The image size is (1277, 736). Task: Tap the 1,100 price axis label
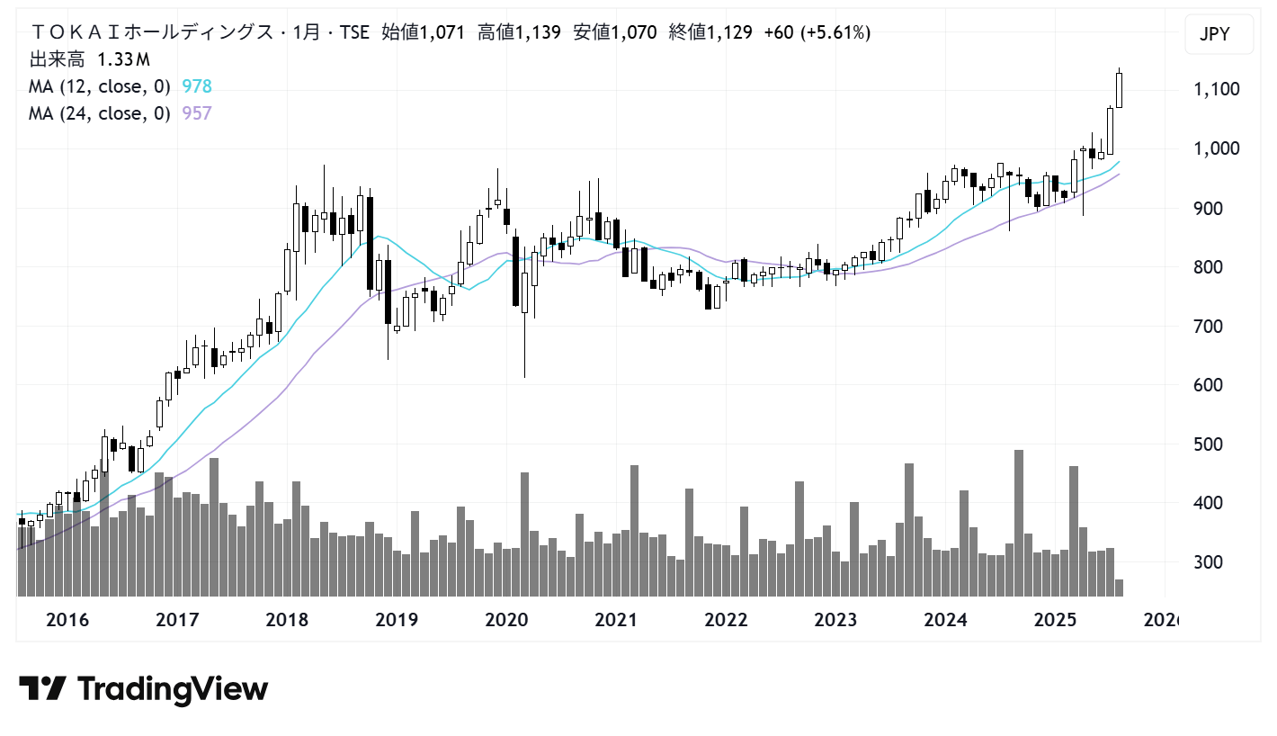tap(1215, 89)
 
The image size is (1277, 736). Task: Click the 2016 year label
tap(67, 620)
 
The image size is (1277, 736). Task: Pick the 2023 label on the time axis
tap(835, 620)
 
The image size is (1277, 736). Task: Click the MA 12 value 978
tap(197, 86)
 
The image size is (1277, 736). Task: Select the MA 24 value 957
tap(197, 113)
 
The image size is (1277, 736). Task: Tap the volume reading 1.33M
tap(123, 60)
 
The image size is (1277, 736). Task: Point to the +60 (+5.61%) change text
tap(817, 33)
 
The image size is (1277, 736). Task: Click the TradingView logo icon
tap(42, 689)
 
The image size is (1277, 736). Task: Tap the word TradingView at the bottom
tap(173, 689)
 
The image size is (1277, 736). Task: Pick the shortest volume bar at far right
tap(1120, 588)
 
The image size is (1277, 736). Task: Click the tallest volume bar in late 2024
tap(1019, 522)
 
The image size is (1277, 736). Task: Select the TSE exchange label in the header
tap(353, 33)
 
